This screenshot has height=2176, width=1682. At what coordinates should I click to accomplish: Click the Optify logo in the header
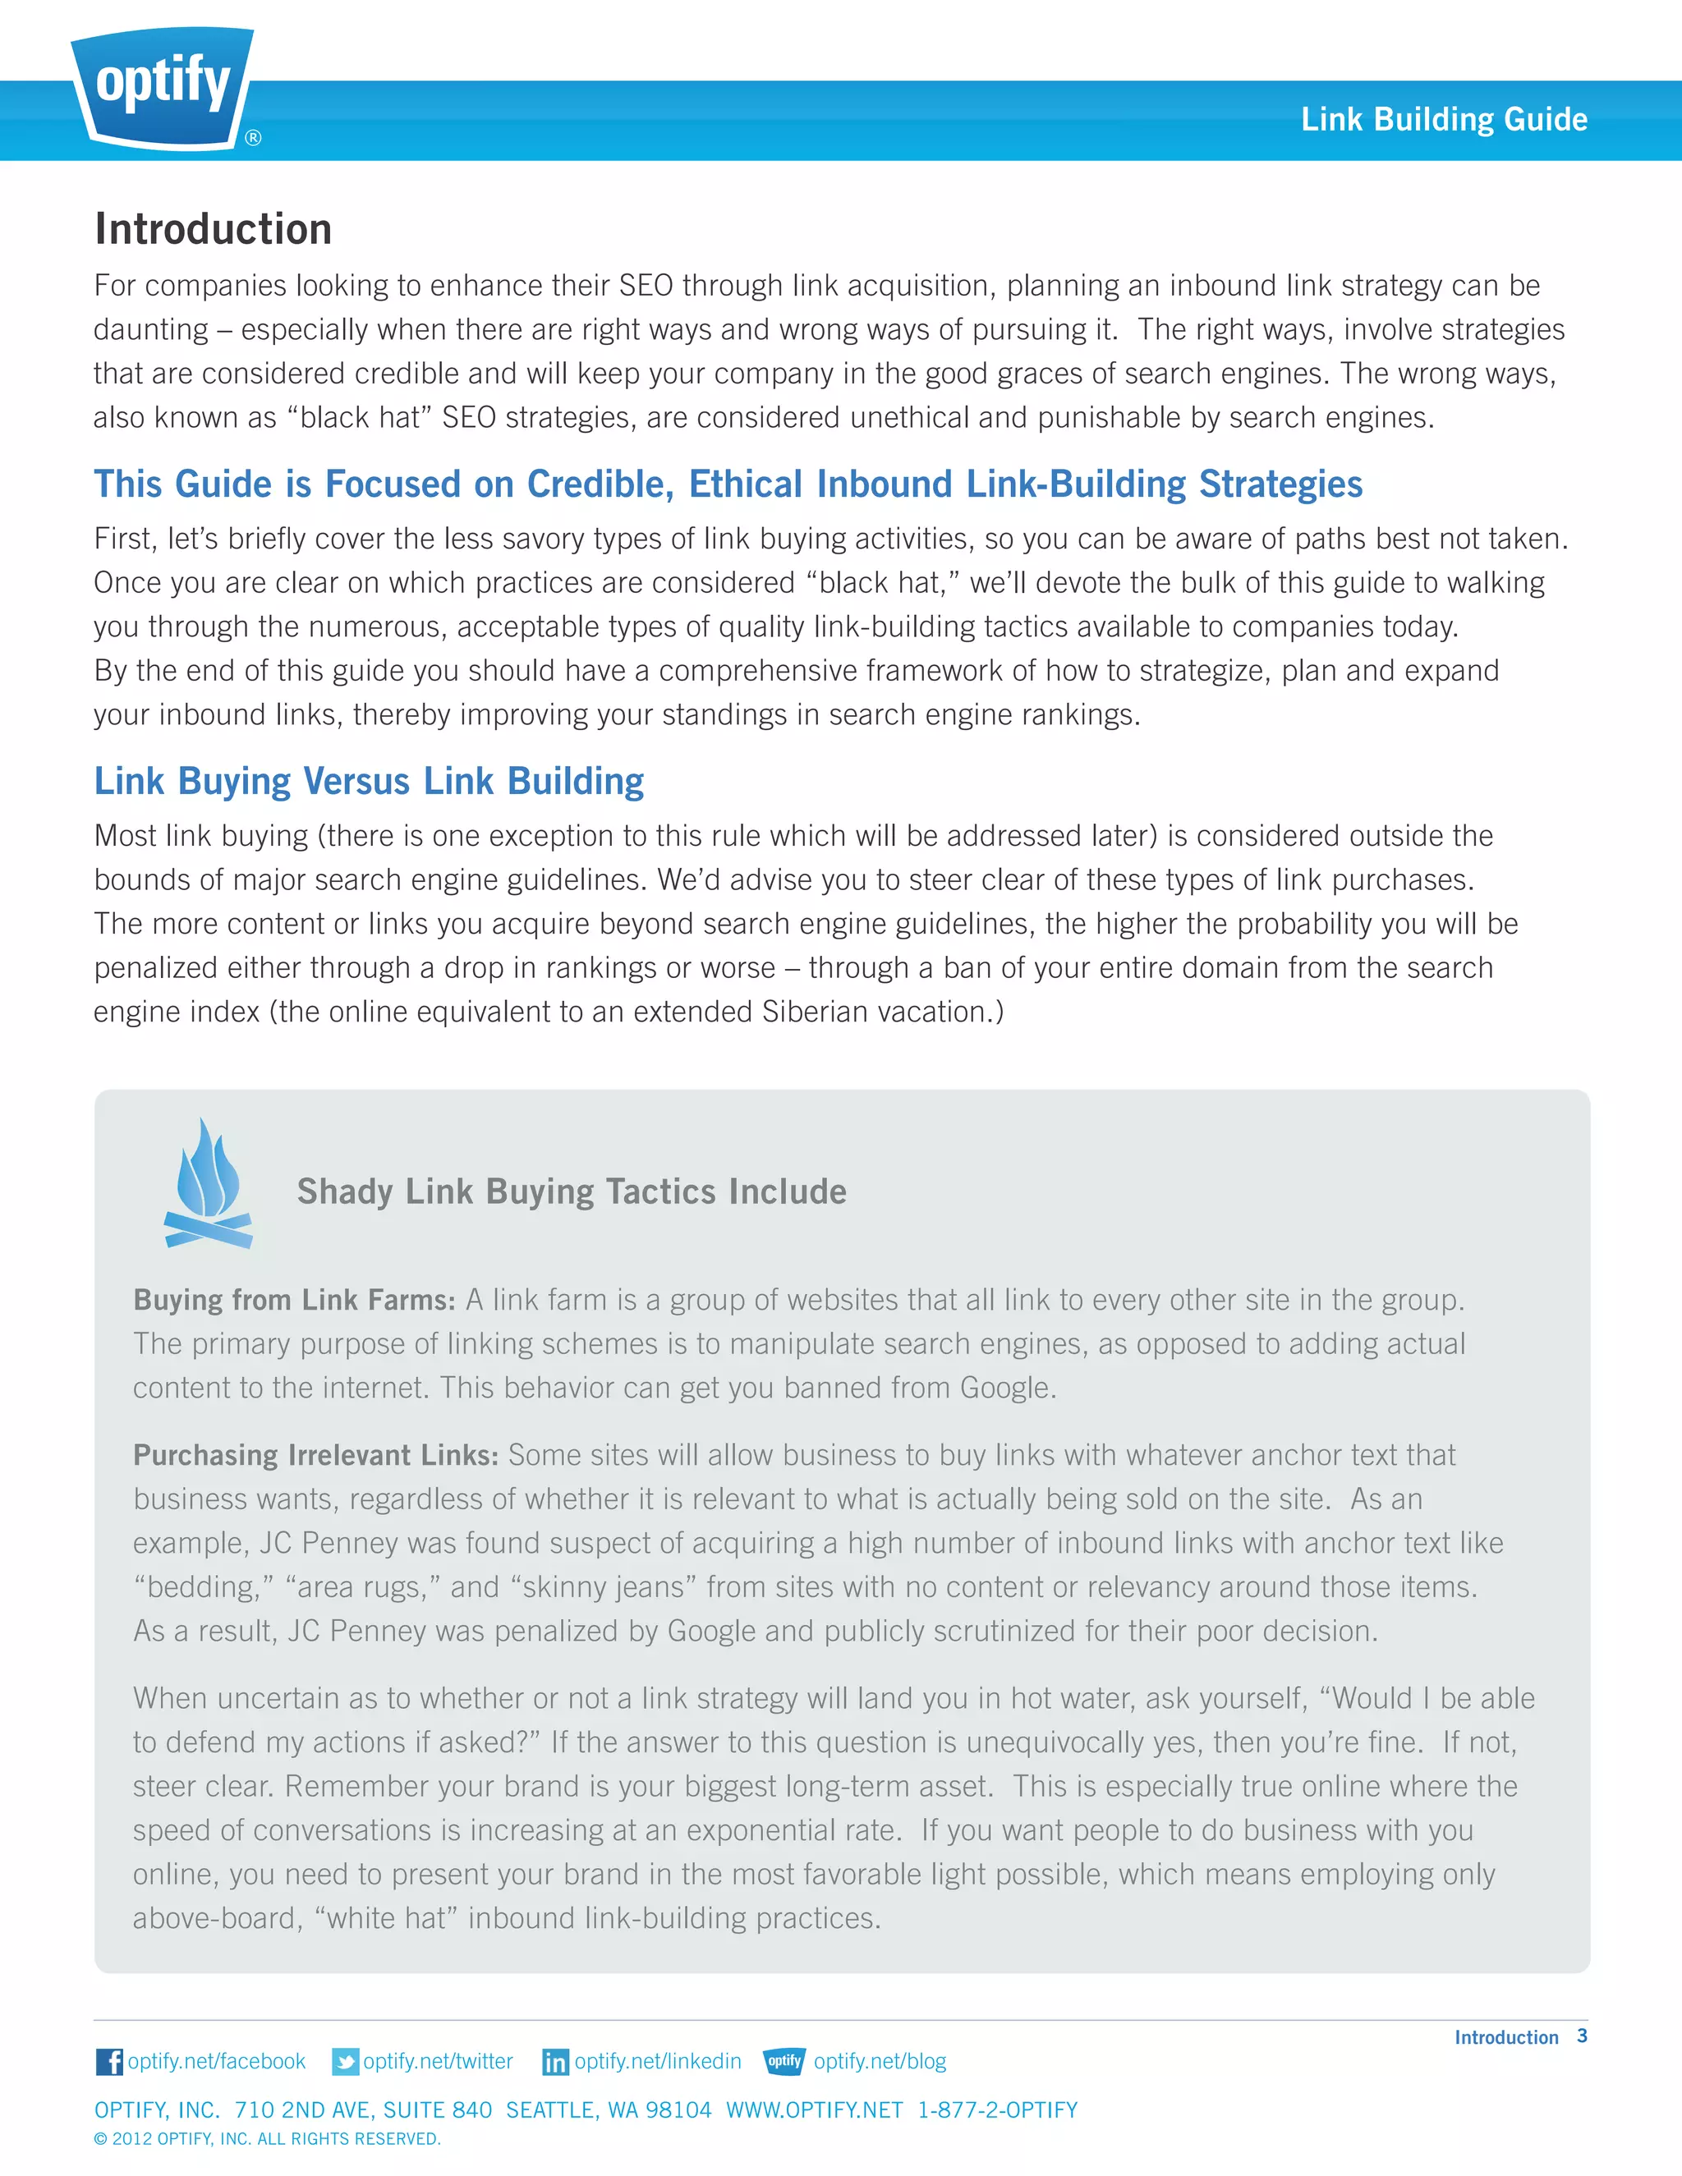click(163, 85)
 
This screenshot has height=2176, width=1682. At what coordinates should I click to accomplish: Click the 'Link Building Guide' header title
click(1443, 120)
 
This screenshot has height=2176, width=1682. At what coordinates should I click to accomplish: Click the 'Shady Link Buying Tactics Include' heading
click(571, 1191)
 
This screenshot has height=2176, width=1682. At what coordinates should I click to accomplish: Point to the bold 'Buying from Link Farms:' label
click(294, 1300)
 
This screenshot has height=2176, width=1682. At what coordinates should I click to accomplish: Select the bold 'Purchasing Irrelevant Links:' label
click(315, 1456)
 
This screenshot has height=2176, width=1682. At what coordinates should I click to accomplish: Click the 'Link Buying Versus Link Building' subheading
click(369, 781)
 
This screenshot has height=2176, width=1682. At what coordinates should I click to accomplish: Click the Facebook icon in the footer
click(108, 2061)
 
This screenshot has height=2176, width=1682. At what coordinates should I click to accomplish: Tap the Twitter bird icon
click(345, 2061)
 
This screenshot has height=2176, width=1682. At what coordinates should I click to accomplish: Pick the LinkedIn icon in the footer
click(555, 2061)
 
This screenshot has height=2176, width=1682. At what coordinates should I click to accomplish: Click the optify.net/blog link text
click(879, 2060)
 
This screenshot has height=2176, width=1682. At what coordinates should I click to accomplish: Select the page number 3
click(1581, 2036)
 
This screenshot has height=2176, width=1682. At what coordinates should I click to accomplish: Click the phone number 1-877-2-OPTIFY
click(996, 2109)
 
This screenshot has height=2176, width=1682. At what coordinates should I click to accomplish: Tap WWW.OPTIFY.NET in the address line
click(814, 2109)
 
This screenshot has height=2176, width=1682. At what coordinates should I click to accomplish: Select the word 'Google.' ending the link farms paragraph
click(1006, 1388)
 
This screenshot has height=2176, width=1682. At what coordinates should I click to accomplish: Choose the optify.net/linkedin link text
click(658, 2060)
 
